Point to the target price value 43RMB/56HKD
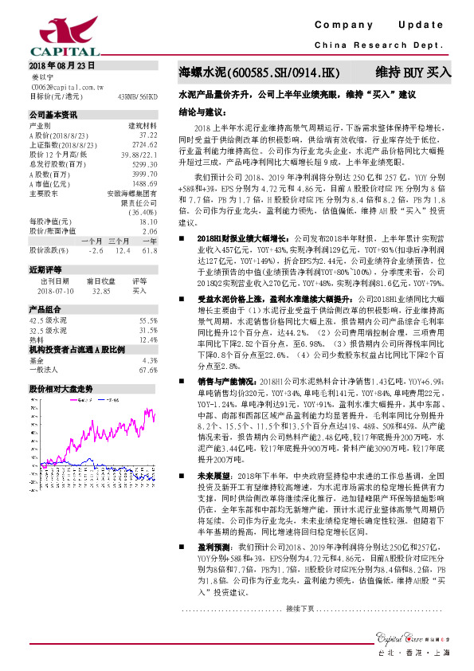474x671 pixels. pos(138,96)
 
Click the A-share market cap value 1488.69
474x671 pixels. pos(145,183)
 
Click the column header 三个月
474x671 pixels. pos(119,241)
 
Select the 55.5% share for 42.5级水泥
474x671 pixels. pos(147,320)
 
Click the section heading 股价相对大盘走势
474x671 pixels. pos(61,388)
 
